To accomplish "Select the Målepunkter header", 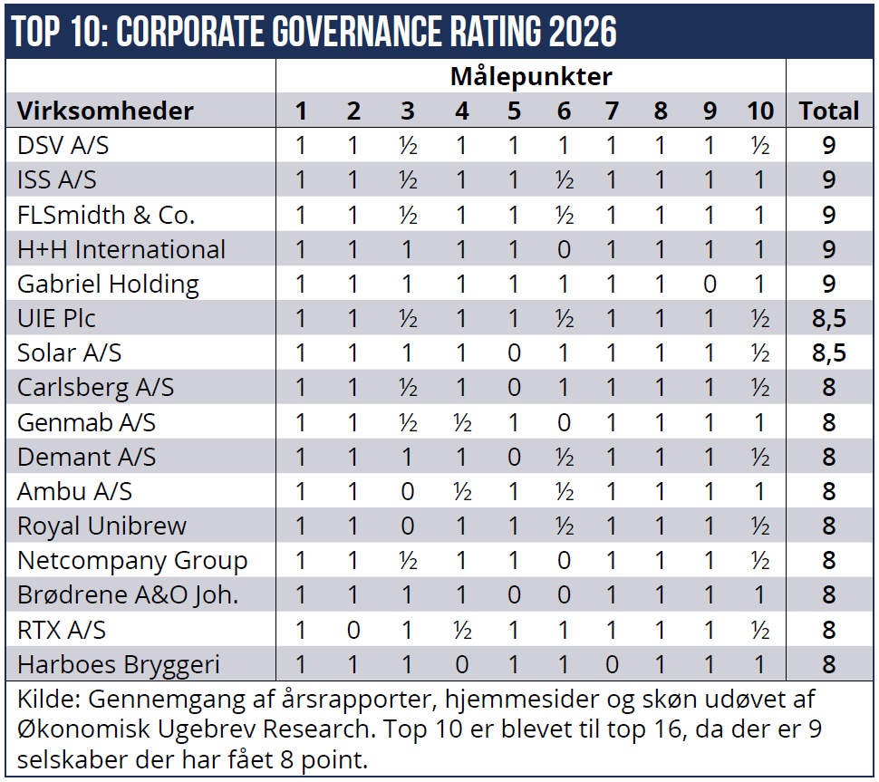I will [x=531, y=76].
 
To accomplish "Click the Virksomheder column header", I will [x=105, y=111].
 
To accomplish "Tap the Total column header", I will [x=828, y=111].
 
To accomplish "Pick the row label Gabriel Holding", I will [x=108, y=284].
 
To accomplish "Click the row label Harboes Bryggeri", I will [x=119, y=664].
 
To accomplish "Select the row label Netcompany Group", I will [x=132, y=560].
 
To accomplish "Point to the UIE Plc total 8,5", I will [x=828, y=318].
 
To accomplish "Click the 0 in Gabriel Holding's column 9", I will [x=710, y=284].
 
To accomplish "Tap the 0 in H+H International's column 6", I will [x=564, y=249].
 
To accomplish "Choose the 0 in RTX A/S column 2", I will [x=353, y=630].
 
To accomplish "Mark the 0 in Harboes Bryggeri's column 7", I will [x=612, y=664].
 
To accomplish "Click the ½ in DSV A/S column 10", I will [x=760, y=146].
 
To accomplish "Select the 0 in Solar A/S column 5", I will [x=514, y=352].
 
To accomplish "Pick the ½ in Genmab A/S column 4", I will [x=462, y=422].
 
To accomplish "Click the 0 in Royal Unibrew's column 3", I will [x=408, y=526].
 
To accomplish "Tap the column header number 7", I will [x=612, y=111].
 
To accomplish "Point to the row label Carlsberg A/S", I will [x=95, y=387].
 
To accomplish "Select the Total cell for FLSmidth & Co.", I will [x=828, y=215].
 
